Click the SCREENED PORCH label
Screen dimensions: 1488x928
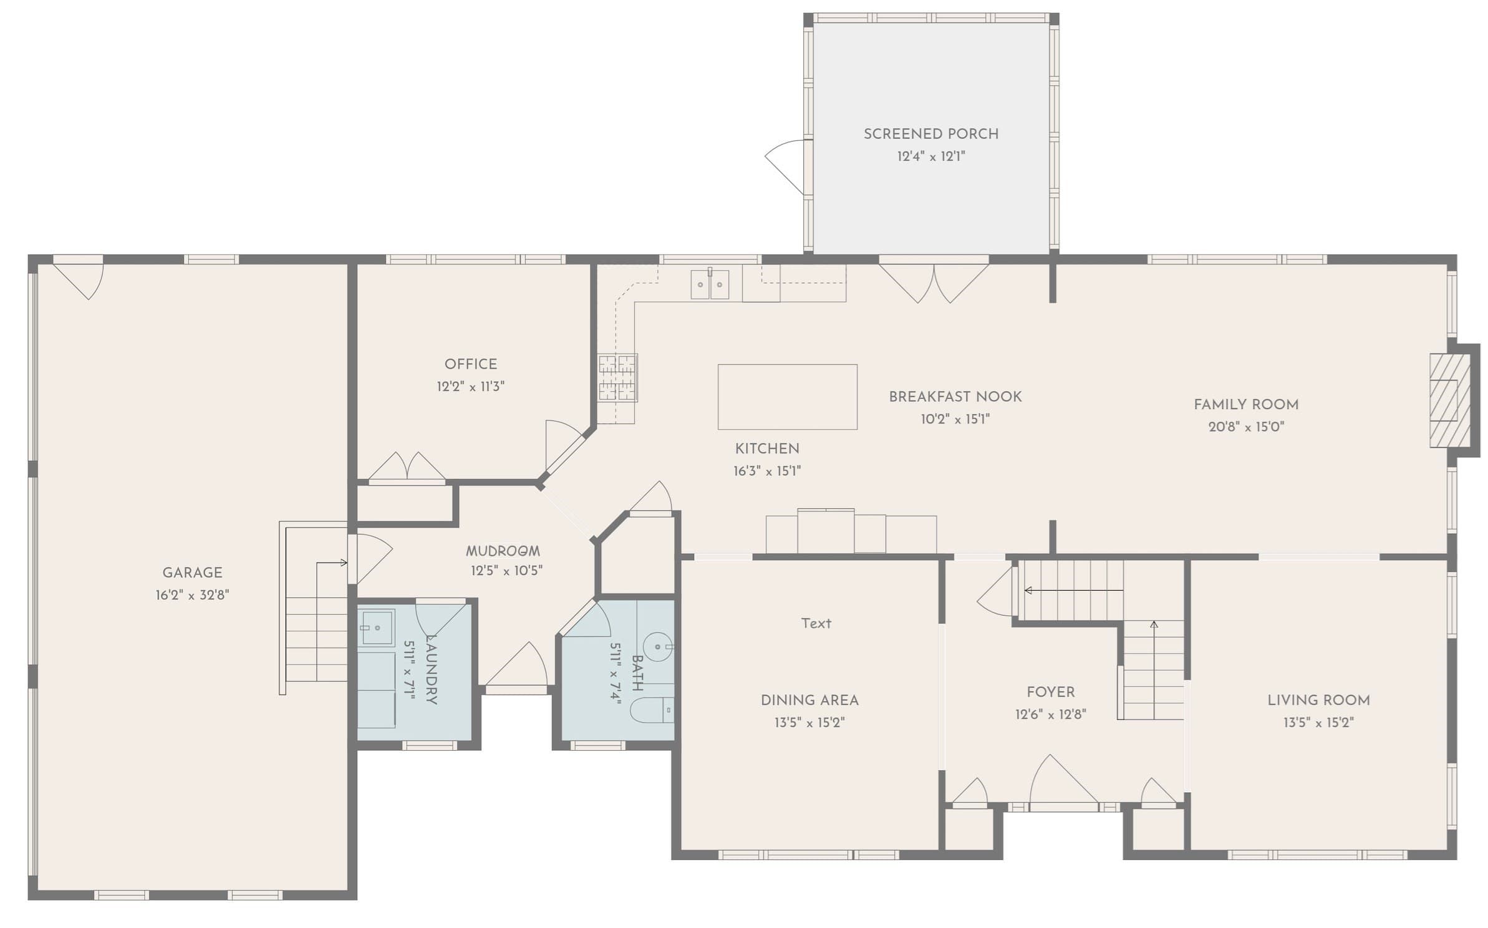pyautogui.click(x=930, y=134)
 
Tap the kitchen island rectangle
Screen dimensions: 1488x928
pyautogui.click(x=787, y=397)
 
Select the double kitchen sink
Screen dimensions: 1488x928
pyautogui.click(x=710, y=284)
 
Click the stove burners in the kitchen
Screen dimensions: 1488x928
pyautogui.click(x=617, y=377)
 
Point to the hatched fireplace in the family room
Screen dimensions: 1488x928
pyautogui.click(x=1444, y=400)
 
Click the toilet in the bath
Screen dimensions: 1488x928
pyautogui.click(x=652, y=710)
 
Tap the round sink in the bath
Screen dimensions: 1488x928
pyautogui.click(x=658, y=647)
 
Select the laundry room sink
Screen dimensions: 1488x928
pyautogui.click(x=377, y=627)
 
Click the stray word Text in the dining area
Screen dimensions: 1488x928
pyautogui.click(x=816, y=623)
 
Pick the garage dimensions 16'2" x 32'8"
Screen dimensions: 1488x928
pyautogui.click(x=192, y=595)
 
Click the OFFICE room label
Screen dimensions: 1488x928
pyautogui.click(x=471, y=364)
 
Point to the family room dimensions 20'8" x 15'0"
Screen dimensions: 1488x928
pyautogui.click(x=1246, y=427)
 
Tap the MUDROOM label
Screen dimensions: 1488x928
pyautogui.click(x=503, y=551)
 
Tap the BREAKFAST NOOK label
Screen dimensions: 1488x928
pyautogui.click(x=955, y=397)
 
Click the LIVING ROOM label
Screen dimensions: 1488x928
pyautogui.click(x=1318, y=700)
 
